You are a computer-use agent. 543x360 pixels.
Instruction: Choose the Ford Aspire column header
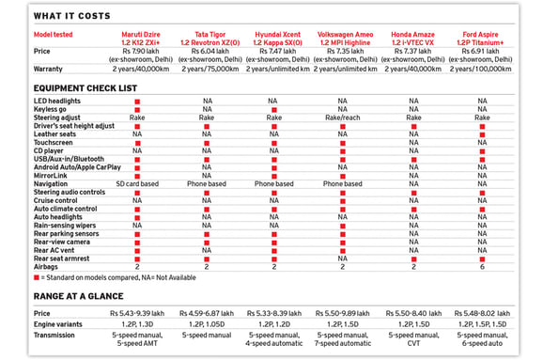(x=482, y=37)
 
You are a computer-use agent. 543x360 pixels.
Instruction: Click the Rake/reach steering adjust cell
(x=342, y=117)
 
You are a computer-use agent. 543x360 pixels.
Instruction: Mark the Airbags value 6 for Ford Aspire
(x=482, y=266)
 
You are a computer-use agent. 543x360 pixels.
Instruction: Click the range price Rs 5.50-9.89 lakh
(x=343, y=312)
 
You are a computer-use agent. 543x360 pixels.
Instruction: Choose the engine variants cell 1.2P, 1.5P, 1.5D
(x=482, y=322)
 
